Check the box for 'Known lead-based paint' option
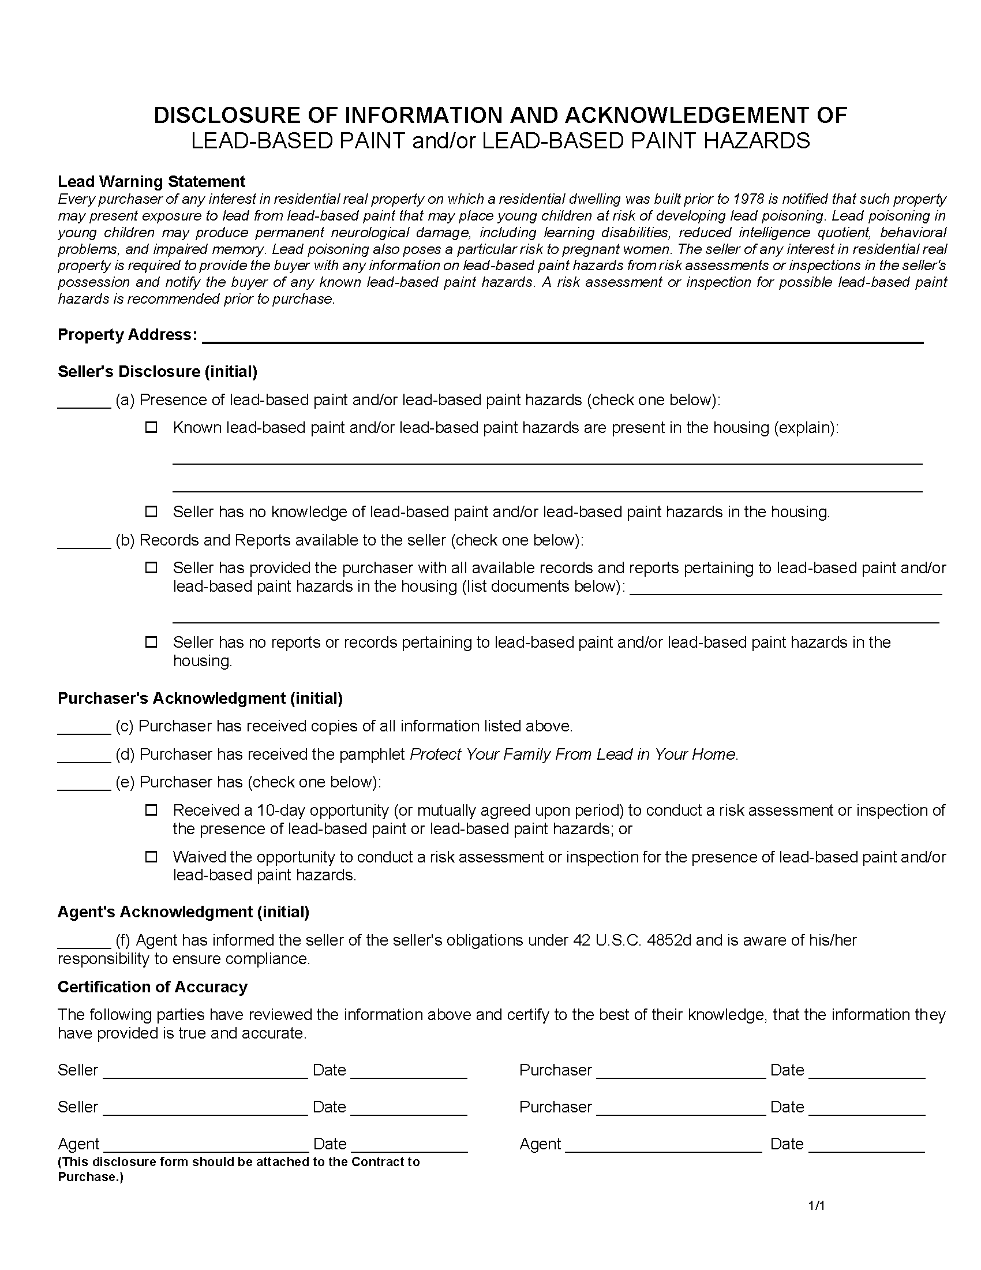point(151,427)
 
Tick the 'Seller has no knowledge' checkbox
point(151,511)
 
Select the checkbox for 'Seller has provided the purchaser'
point(151,567)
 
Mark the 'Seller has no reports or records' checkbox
point(151,642)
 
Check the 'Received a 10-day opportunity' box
point(151,810)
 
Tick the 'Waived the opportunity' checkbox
point(151,857)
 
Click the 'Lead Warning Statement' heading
point(151,181)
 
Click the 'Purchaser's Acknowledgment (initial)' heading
point(200,698)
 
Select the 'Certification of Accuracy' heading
point(152,987)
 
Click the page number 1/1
point(817,1205)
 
